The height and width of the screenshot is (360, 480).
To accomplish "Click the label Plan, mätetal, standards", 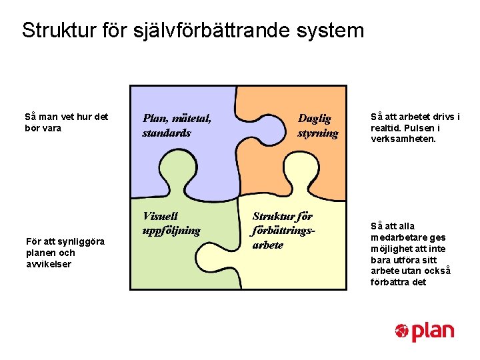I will click(x=176, y=125).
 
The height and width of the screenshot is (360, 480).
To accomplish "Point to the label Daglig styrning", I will click(x=317, y=125).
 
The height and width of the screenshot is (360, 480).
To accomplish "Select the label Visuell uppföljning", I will click(x=171, y=223).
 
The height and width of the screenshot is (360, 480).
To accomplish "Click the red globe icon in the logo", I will click(x=401, y=331).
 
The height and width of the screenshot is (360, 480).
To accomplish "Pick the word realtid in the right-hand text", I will click(x=385, y=128).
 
